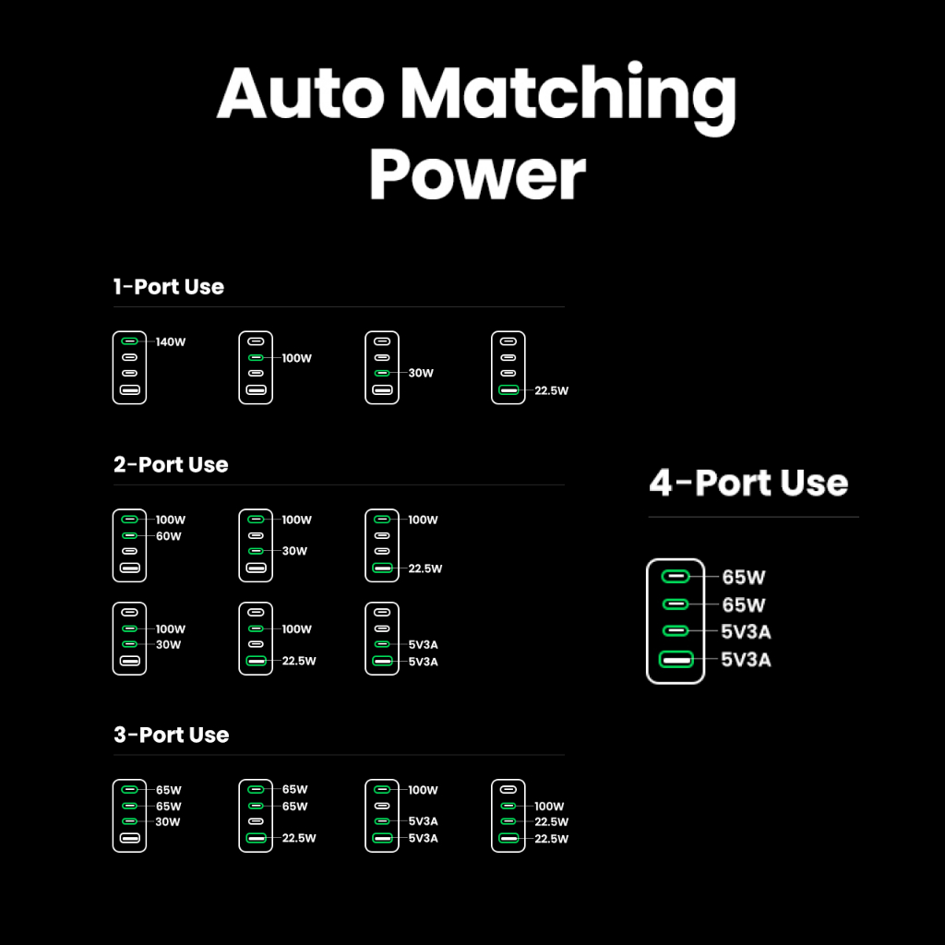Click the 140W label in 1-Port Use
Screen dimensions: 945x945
(x=171, y=342)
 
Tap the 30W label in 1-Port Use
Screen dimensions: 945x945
(x=421, y=374)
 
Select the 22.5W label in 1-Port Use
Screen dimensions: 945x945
(x=551, y=390)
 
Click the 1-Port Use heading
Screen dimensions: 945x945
(x=169, y=287)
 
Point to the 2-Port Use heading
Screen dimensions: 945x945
(x=171, y=465)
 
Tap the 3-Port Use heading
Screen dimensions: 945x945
(x=171, y=736)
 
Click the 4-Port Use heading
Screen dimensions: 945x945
(x=748, y=483)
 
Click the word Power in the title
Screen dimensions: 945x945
(x=478, y=174)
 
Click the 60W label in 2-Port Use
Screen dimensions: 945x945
(x=169, y=536)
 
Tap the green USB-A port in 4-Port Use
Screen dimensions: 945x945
(x=676, y=660)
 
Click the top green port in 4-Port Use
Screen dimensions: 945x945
(x=676, y=578)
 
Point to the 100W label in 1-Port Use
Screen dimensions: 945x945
(x=296, y=358)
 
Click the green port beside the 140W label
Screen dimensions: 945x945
(x=130, y=341)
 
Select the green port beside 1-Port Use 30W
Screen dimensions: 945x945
(x=382, y=373)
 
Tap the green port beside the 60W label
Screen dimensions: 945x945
(x=130, y=535)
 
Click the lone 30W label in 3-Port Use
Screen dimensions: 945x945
(x=169, y=822)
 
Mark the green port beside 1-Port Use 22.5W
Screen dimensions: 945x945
(x=508, y=390)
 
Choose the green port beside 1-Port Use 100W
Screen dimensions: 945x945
(x=257, y=357)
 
